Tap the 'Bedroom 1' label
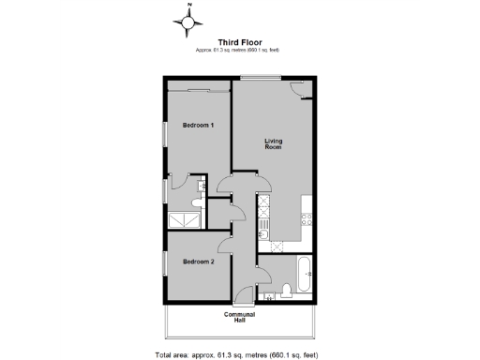(x=198, y=125)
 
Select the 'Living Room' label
(x=273, y=143)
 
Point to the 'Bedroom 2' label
(x=198, y=262)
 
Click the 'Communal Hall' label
(x=239, y=318)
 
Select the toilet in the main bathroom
(x=285, y=289)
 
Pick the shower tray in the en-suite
(x=184, y=219)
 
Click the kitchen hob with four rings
(x=306, y=218)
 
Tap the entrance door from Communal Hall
(x=245, y=295)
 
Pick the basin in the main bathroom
(x=269, y=297)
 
